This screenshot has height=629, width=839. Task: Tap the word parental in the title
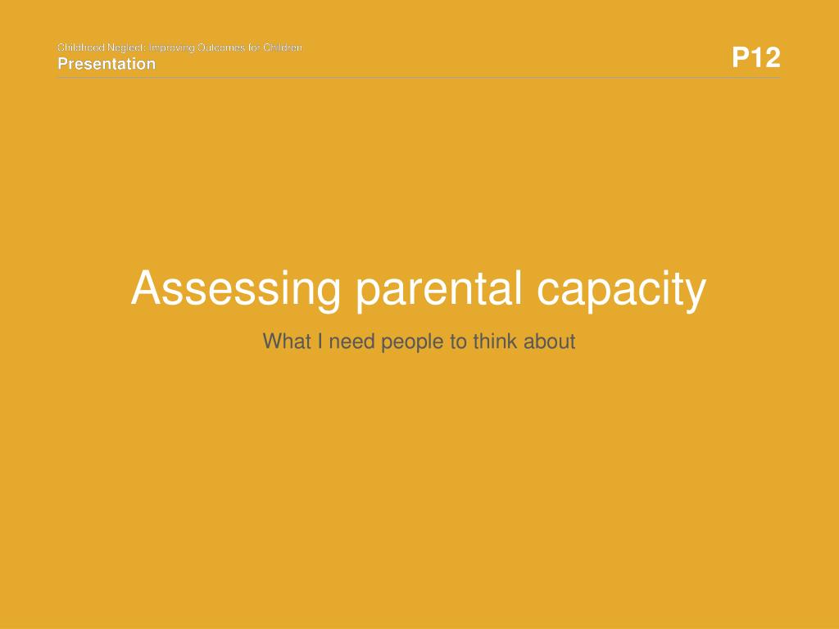(439, 289)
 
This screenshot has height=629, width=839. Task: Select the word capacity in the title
(621, 289)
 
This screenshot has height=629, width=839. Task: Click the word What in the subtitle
(287, 342)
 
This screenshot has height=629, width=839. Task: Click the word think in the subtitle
(495, 342)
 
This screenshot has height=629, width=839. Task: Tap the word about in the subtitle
(550, 342)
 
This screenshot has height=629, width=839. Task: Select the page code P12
(756, 57)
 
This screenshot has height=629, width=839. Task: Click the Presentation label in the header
(107, 64)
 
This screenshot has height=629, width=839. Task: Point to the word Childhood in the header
(81, 48)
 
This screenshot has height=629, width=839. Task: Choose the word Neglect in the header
(127, 48)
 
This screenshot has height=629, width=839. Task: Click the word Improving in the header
(172, 48)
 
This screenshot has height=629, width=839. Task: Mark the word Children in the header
(283, 48)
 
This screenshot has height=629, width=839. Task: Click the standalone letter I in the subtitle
(320, 342)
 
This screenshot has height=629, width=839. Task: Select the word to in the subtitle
(458, 342)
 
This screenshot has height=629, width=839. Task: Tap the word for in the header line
(254, 48)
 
